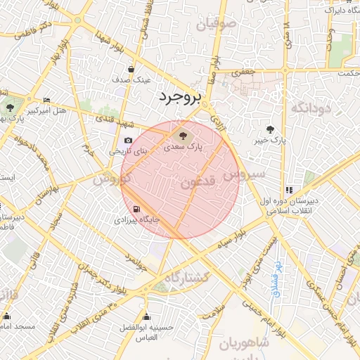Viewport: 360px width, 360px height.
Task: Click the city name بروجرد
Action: click(x=179, y=96)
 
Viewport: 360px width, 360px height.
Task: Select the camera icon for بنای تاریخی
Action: click(x=128, y=140)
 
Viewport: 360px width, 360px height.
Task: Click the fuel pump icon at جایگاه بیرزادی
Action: click(x=135, y=209)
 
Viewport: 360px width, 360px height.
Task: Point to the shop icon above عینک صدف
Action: click(x=132, y=70)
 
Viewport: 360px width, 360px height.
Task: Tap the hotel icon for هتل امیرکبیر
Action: click(x=46, y=101)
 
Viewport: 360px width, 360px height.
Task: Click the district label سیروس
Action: click(x=244, y=172)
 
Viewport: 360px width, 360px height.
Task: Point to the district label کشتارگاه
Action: click(x=186, y=278)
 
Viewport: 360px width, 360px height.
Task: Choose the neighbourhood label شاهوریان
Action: click(x=243, y=343)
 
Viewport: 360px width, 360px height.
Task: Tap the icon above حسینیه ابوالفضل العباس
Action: click(x=146, y=316)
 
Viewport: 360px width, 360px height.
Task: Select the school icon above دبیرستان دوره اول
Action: click(x=288, y=190)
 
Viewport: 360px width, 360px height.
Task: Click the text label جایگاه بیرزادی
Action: click(x=138, y=220)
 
